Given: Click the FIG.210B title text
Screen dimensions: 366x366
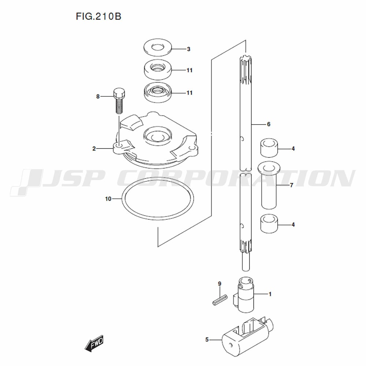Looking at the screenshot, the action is (98, 16).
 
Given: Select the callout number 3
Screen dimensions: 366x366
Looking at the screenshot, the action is (188, 49).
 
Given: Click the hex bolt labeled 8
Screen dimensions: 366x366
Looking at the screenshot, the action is (119, 101).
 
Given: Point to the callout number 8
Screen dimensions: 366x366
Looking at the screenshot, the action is (98, 97).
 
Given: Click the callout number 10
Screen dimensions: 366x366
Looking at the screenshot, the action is (108, 199).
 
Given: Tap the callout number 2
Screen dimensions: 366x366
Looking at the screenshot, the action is (94, 149).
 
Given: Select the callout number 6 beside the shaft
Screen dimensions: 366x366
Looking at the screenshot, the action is (268, 124).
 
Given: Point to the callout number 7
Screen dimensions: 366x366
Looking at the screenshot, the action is (291, 185).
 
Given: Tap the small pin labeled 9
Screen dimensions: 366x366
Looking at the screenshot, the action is (220, 299).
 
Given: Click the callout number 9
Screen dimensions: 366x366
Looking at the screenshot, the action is (219, 284).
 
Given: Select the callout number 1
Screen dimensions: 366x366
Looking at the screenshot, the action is (270, 294).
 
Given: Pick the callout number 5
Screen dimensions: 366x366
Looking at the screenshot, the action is (207, 340).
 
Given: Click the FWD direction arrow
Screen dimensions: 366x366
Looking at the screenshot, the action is (94, 343).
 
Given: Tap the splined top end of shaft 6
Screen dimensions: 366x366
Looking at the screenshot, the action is (246, 70).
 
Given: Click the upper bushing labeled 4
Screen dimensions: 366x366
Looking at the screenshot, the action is (269, 148).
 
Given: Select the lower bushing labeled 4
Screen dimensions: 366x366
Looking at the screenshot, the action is (269, 224).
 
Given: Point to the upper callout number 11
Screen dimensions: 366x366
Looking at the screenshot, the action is (190, 70).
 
